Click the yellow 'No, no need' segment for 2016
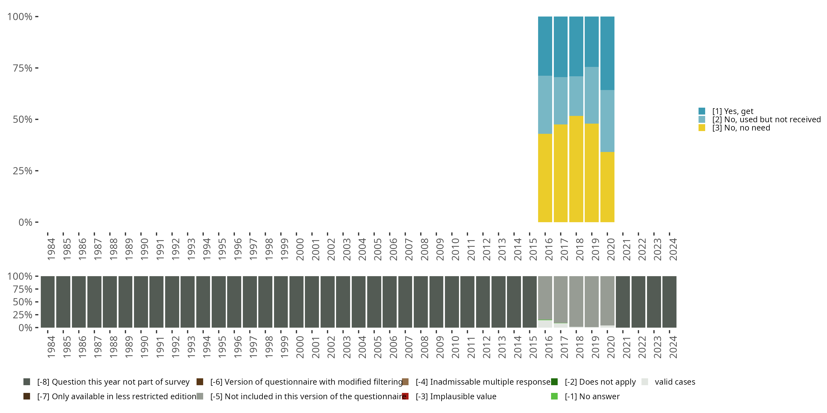coord(545,178)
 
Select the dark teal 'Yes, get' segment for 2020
coord(607,53)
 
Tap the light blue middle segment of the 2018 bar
coord(576,96)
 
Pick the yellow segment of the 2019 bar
coord(591,173)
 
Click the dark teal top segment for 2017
coord(560,47)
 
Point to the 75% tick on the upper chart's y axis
coord(37,68)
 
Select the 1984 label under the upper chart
coord(51,249)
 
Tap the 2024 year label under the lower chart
coord(673,347)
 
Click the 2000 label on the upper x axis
coord(300,249)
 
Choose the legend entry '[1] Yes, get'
coord(732,111)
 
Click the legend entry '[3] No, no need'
coord(741,128)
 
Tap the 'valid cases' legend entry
coord(675,382)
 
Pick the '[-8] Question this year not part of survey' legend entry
coord(113,382)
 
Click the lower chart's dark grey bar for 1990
coord(141,302)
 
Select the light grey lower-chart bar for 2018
coord(576,301)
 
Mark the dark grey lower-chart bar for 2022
coord(638,302)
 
